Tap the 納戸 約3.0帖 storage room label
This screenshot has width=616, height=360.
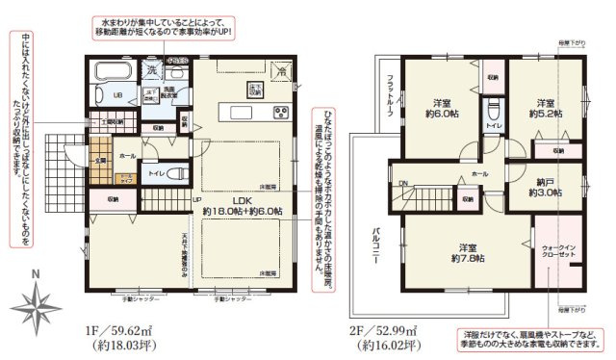click(x=544, y=185)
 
